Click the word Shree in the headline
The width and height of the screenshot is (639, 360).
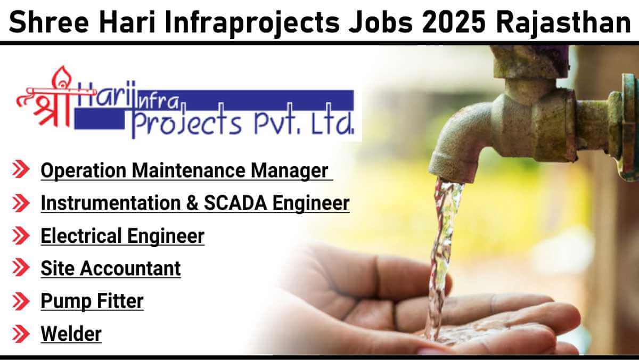click(x=49, y=22)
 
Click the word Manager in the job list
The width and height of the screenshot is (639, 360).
click(x=289, y=171)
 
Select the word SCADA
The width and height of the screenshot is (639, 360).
click(x=235, y=203)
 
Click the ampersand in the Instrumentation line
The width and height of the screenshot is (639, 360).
click(x=192, y=203)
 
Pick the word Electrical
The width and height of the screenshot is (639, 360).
click(x=81, y=235)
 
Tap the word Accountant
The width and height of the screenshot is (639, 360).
click(x=130, y=268)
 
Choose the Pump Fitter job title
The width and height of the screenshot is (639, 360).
click(x=92, y=301)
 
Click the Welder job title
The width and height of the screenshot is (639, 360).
click(x=71, y=333)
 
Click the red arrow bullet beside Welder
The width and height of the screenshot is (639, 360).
click(x=21, y=333)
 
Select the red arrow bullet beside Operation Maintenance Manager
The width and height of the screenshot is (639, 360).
click(x=21, y=169)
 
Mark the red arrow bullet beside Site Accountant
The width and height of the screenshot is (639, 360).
click(x=21, y=267)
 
